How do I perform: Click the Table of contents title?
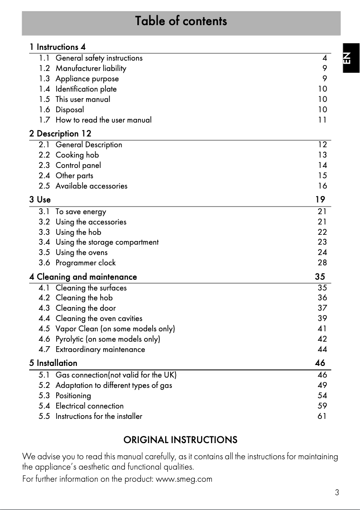pyautogui.click(x=181, y=21)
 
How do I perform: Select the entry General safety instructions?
pyautogui.click(x=99, y=58)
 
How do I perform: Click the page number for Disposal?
pyautogui.click(x=322, y=110)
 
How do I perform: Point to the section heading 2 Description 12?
pyautogui.click(x=60, y=134)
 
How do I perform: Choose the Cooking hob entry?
pyautogui.click(x=77, y=155)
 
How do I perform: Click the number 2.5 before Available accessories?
pyautogui.click(x=44, y=186)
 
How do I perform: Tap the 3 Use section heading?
pyautogui.click(x=40, y=199)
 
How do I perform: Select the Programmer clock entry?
pyautogui.click(x=85, y=263)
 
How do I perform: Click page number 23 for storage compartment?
pyautogui.click(x=322, y=242)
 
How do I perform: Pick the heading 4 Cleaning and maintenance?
pyautogui.click(x=83, y=277)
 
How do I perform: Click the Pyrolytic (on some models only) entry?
pyautogui.click(x=108, y=339)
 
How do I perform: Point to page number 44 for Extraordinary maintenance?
pyautogui.click(x=322, y=349)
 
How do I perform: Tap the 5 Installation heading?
pyautogui.click(x=53, y=363)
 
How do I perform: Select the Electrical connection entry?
pyautogui.click(x=89, y=406)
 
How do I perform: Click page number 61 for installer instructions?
pyautogui.click(x=322, y=416)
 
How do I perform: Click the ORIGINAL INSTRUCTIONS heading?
pyautogui.click(x=180, y=440)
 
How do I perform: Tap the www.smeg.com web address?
pyautogui.click(x=184, y=479)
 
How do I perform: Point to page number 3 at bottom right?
pyautogui.click(x=337, y=492)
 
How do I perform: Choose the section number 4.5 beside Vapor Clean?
pyautogui.click(x=44, y=329)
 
